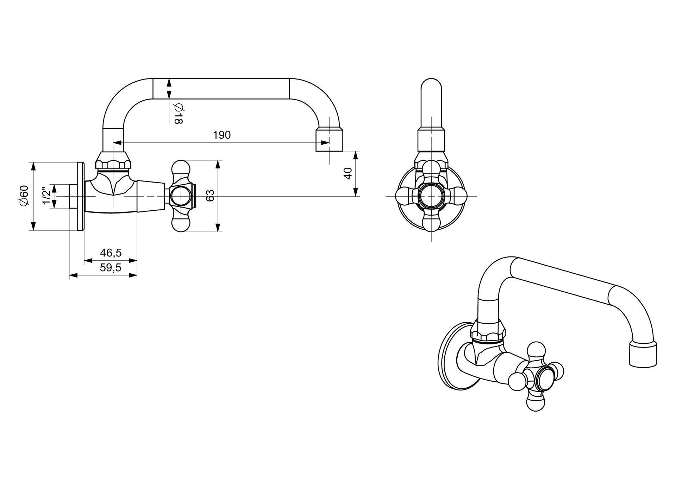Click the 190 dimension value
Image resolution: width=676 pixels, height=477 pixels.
click(x=222, y=135)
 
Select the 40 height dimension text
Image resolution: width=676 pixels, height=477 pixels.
click(x=348, y=173)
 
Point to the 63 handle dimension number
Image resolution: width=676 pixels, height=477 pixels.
click(x=209, y=196)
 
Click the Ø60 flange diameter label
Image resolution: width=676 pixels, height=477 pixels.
click(x=24, y=195)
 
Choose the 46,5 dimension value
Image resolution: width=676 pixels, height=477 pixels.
click(x=111, y=253)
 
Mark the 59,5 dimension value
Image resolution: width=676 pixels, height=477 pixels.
click(x=111, y=268)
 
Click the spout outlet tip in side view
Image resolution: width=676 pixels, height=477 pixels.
click(x=329, y=140)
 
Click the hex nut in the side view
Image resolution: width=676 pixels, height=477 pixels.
click(x=113, y=161)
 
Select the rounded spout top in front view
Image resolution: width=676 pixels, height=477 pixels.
click(x=431, y=88)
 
